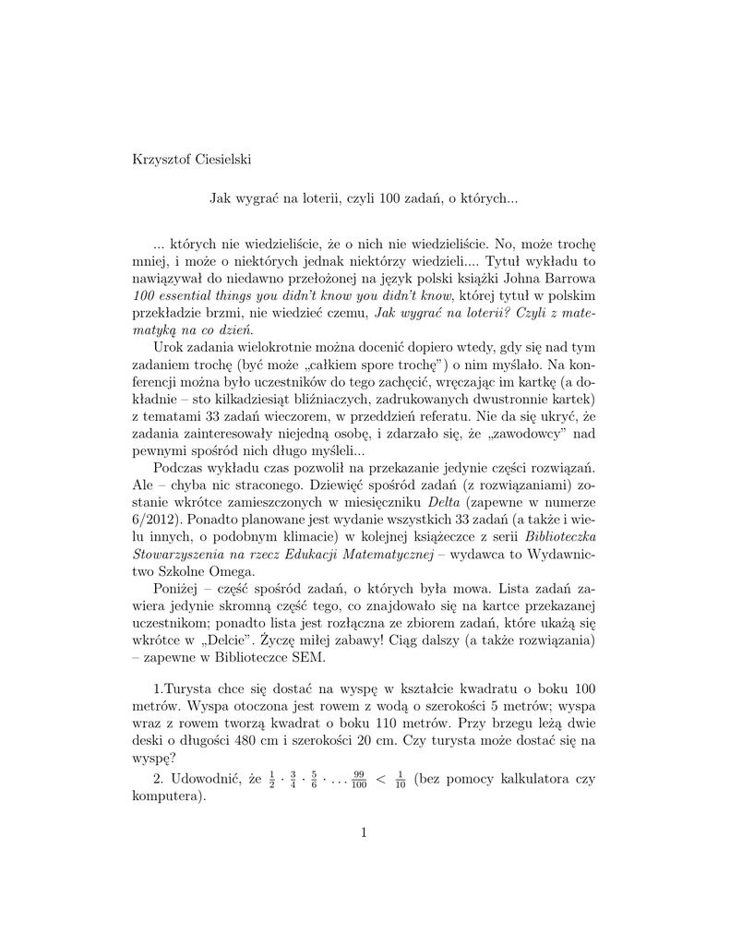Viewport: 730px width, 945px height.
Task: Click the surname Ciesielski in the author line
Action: click(x=218, y=160)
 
